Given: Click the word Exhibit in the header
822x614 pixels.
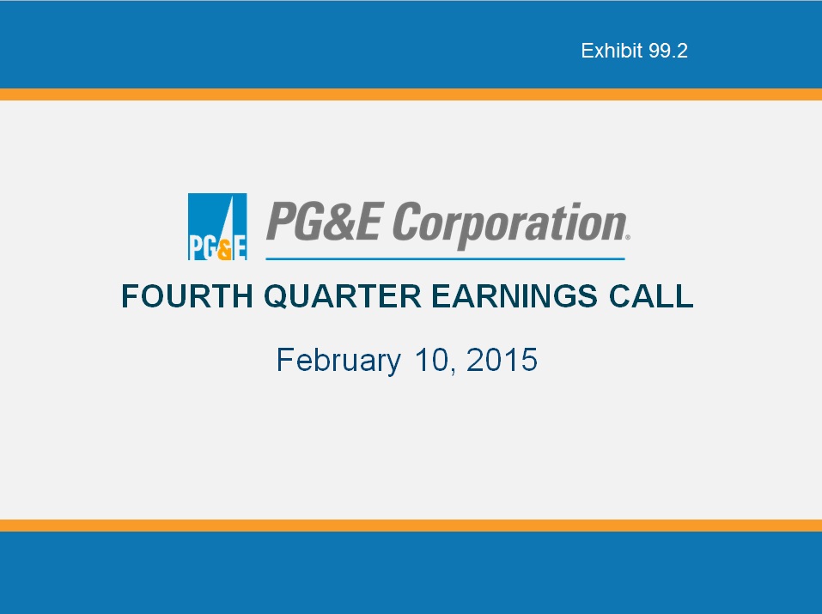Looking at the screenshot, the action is (612, 51).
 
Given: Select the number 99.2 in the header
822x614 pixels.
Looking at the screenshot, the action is (668, 51).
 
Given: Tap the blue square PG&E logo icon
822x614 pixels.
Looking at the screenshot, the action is (217, 227).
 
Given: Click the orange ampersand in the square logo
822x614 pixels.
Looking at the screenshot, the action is (224, 249).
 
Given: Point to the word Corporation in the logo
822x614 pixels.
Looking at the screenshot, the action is (509, 224).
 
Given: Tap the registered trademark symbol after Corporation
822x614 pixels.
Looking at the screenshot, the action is (628, 238).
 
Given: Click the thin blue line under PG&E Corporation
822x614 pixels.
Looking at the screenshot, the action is (445, 258).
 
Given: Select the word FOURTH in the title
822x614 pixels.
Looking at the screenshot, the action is (187, 296).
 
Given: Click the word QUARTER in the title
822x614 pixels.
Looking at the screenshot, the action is (343, 296).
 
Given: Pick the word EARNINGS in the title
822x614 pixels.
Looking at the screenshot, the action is (515, 296).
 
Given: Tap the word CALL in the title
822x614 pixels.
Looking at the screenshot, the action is (651, 296).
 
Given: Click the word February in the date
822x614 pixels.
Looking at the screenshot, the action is (338, 361).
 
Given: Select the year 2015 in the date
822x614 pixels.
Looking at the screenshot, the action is (502, 360).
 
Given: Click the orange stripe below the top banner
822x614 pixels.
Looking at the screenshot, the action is (411, 94).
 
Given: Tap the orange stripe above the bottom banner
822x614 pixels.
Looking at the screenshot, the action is (411, 526).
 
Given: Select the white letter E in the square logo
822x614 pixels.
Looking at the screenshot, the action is (240, 248).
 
